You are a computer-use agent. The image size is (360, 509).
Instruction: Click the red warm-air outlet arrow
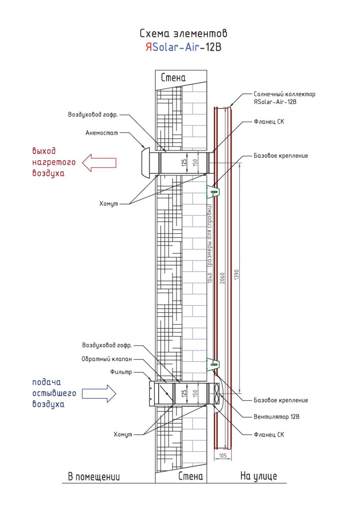pyautogui.click(x=98, y=163)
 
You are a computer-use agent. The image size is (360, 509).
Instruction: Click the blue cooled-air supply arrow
pyautogui.click(x=99, y=394)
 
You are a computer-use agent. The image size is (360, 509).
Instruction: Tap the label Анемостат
pyautogui.click(x=101, y=133)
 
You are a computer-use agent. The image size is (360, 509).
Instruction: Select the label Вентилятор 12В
pyautogui.click(x=276, y=417)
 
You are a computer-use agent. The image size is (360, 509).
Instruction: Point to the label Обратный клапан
pyautogui.click(x=107, y=359)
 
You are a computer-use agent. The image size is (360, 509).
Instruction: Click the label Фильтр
pyautogui.click(x=121, y=372)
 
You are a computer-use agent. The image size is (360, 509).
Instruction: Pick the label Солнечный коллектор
pyautogui.click(x=284, y=94)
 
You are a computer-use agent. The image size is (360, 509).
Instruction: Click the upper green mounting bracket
pyautogui.click(x=213, y=192)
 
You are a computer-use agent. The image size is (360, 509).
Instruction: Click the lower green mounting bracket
pyautogui.click(x=213, y=364)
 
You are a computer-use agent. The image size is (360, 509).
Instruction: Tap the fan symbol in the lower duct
pyautogui.click(x=217, y=394)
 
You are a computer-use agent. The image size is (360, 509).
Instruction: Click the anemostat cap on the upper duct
pyautogui.click(x=146, y=163)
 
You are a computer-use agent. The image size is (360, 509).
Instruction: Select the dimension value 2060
pyautogui.click(x=222, y=278)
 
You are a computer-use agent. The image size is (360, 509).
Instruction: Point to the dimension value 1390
pyautogui.click(x=236, y=275)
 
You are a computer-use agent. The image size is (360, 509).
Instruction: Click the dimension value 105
pyautogui.click(x=223, y=456)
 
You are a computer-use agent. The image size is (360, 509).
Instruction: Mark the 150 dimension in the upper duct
pyautogui.click(x=195, y=163)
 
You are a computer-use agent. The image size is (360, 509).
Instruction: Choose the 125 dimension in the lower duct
pyautogui.click(x=184, y=394)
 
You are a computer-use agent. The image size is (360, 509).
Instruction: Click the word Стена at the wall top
pyautogui.click(x=174, y=78)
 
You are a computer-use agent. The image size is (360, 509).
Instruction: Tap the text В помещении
pyautogui.click(x=94, y=477)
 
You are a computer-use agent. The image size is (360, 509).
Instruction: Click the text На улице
pyautogui.click(x=259, y=476)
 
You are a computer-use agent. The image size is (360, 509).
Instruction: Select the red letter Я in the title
pyautogui.click(x=149, y=47)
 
